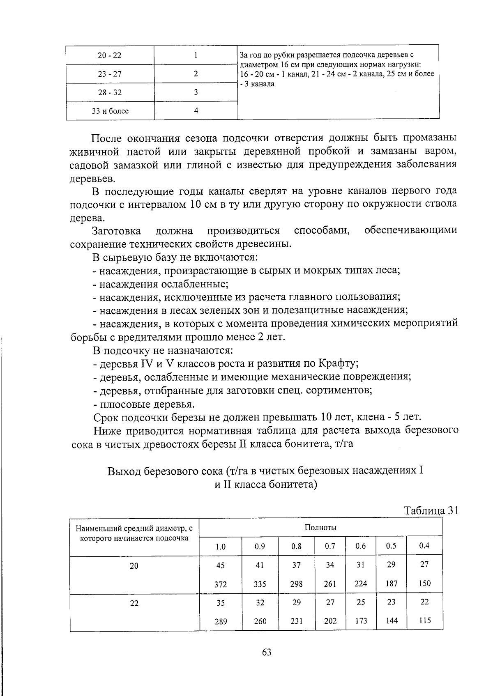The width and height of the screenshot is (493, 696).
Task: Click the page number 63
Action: [267, 652]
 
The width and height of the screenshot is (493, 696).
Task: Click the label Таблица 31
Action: [431, 510]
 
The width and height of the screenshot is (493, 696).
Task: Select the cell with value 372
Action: [221, 584]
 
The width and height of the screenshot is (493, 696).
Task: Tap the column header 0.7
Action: [330, 546]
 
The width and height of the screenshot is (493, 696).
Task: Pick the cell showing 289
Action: [221, 622]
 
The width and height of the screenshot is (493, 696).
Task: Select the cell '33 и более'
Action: [110, 111]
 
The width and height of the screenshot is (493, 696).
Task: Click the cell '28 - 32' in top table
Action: [110, 93]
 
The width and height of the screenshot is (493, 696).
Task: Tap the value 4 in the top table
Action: [196, 111]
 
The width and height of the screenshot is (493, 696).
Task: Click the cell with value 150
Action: [424, 583]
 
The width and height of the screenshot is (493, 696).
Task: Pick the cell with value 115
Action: [424, 620]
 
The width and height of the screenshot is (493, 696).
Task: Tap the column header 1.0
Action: [221, 547]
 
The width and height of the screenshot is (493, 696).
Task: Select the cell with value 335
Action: [260, 584]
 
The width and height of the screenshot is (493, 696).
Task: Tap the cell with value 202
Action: [330, 621]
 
